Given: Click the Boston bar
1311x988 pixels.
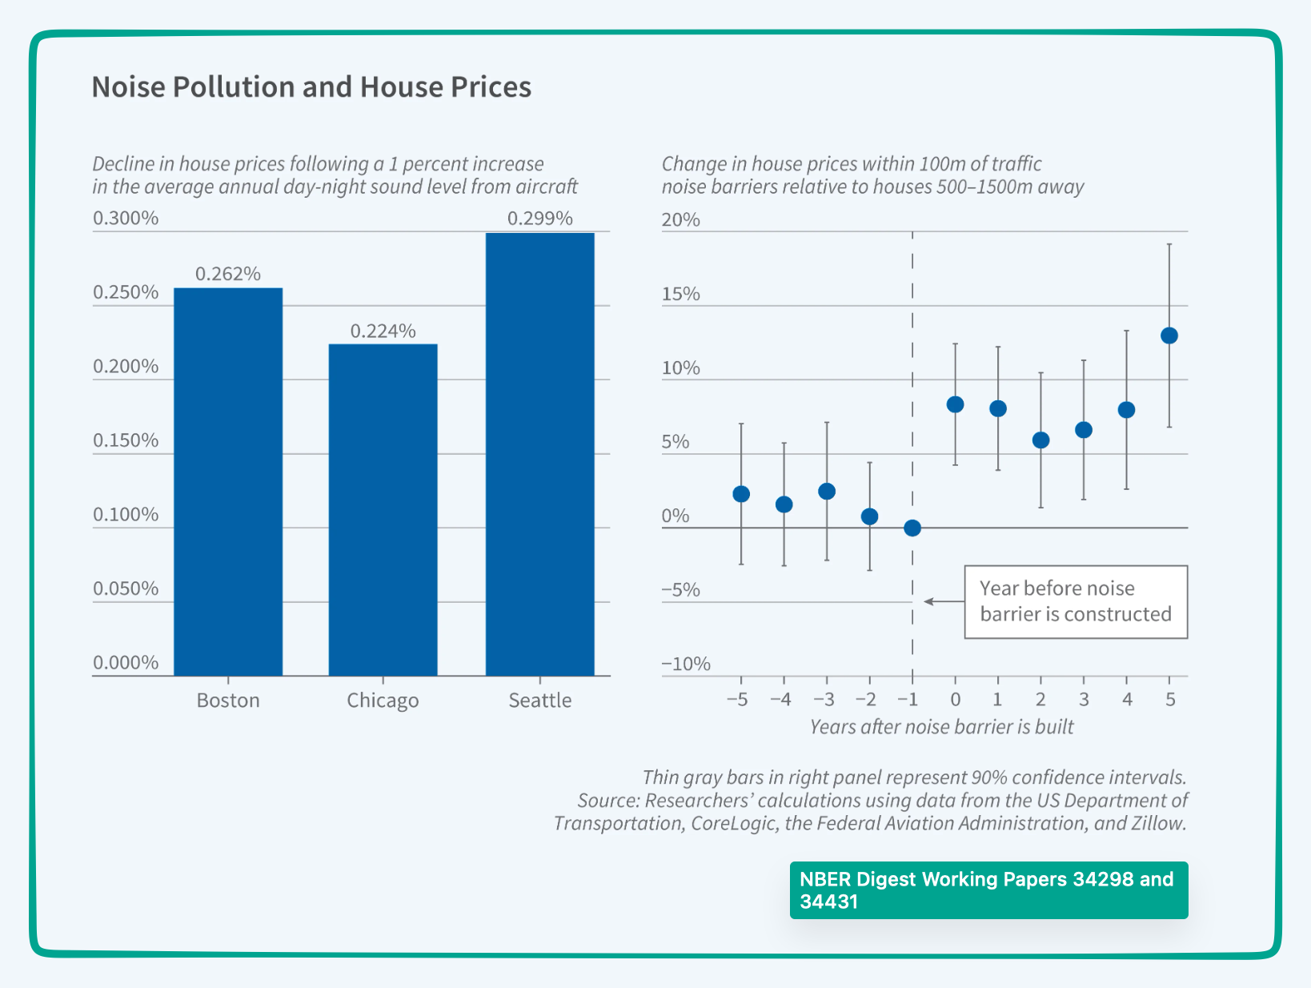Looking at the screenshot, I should click(228, 480).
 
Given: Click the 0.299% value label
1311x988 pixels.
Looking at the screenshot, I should click(540, 219).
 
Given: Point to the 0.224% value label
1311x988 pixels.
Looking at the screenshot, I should click(383, 331).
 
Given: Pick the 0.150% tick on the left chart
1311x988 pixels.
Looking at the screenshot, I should click(126, 440).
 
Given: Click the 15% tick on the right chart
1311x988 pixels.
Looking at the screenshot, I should click(680, 294).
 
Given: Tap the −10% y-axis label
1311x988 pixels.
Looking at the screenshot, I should click(686, 664).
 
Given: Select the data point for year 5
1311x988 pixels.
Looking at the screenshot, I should click(1169, 335).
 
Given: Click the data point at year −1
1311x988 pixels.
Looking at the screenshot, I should click(912, 528).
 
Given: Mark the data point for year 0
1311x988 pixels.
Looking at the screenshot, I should click(955, 404).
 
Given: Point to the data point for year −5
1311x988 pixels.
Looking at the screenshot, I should click(741, 494).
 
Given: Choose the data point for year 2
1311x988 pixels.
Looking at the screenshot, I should click(1040, 440).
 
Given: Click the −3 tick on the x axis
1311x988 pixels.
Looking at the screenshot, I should click(824, 700).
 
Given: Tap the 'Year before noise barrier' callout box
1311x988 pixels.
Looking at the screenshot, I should click(1075, 601).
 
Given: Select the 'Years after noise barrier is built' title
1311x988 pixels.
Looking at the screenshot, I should click(941, 726).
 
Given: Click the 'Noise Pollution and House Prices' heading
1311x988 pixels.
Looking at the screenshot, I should click(311, 86).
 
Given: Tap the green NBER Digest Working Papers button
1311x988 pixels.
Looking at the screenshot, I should click(988, 890).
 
